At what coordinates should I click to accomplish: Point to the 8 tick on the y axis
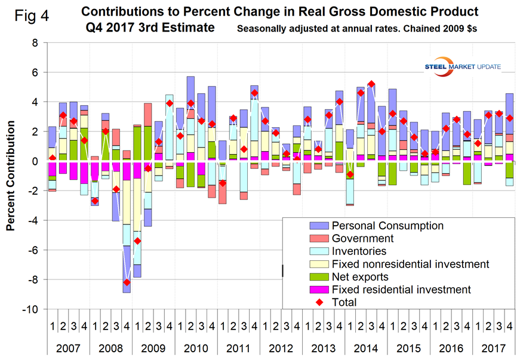pyautogui.click(x=34, y=43)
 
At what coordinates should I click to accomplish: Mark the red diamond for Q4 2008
pyautogui.click(x=127, y=282)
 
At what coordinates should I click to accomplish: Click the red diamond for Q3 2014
pyautogui.click(x=371, y=84)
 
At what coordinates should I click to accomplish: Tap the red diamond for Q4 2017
pyautogui.click(x=509, y=118)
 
